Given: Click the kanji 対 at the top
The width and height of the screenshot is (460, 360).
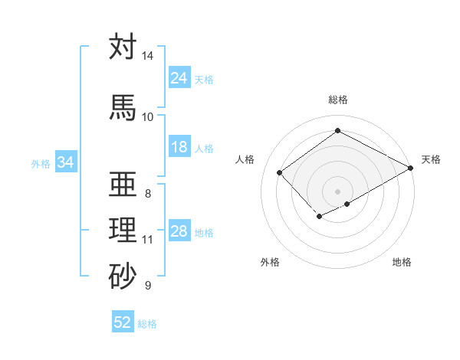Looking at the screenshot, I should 123,47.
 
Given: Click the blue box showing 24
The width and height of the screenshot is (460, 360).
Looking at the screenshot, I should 179,78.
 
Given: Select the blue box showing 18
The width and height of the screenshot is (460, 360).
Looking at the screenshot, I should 179,147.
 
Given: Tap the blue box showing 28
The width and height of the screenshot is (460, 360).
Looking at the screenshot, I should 179,231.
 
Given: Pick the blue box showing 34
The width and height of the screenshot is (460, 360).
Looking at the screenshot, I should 66,162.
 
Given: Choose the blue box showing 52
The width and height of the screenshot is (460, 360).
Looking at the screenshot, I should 123,322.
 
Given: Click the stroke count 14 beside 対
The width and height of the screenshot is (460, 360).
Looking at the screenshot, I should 147,57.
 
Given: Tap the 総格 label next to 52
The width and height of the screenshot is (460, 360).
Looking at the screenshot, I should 147,324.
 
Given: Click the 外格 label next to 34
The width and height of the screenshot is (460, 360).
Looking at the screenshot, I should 41,163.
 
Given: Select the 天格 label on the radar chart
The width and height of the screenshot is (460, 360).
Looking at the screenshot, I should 431,159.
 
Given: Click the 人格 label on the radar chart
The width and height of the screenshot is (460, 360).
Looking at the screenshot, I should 245,159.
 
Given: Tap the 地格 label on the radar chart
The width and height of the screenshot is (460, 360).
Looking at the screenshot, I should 402,262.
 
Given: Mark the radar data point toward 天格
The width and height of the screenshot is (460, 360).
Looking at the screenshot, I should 412,168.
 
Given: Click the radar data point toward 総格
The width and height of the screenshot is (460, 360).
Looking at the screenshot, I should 337,131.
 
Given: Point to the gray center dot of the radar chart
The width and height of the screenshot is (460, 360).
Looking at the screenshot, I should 337,191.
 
